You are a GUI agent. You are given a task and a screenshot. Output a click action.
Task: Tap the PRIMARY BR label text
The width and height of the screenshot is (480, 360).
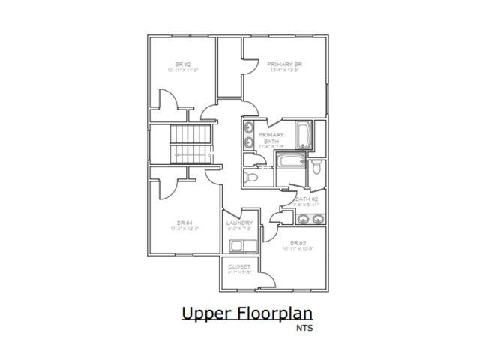(284, 64)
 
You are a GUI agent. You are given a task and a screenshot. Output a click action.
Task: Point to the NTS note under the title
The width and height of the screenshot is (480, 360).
(305, 328)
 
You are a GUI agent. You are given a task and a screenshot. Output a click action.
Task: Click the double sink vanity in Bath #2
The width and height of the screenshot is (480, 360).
(310, 219)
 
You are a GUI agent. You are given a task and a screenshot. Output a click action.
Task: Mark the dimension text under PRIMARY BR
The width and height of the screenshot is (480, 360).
(284, 72)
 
